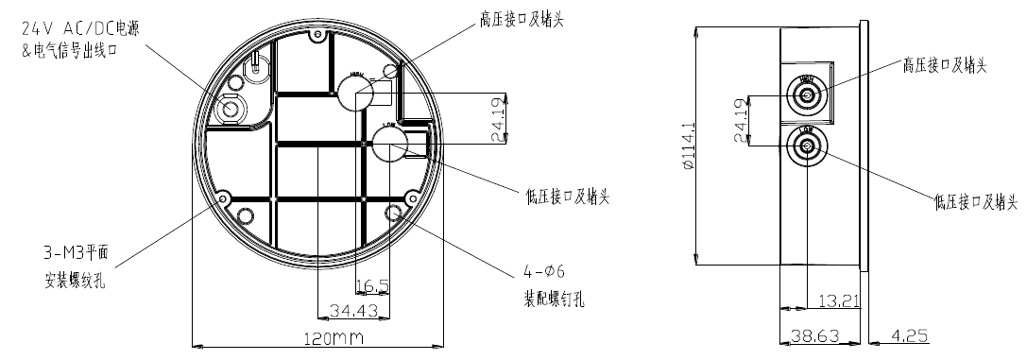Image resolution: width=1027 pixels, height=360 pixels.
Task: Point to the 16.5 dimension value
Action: pos(371,285)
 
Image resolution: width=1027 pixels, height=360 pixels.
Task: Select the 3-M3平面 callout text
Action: pos(71,252)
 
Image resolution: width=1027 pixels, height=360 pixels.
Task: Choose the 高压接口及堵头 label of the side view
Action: pos(944,65)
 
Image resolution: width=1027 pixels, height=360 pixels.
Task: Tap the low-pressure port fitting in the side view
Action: pos(808,146)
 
